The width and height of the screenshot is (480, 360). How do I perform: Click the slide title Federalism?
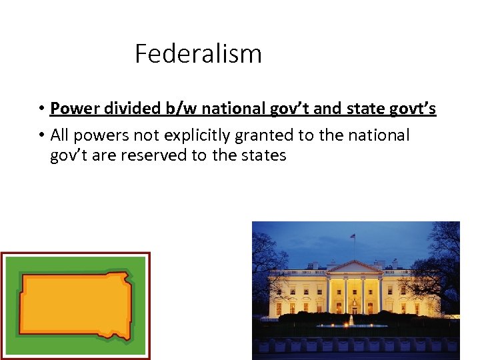click(x=198, y=53)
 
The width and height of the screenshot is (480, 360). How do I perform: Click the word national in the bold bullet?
click(x=231, y=108)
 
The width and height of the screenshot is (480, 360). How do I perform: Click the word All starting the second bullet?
click(x=60, y=135)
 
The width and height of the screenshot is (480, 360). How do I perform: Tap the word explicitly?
click(x=189, y=135)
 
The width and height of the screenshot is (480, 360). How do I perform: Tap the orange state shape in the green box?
click(x=75, y=306)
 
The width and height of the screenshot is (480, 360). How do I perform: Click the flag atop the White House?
click(x=353, y=236)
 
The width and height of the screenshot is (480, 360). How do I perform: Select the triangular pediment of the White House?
click(x=353, y=267)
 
